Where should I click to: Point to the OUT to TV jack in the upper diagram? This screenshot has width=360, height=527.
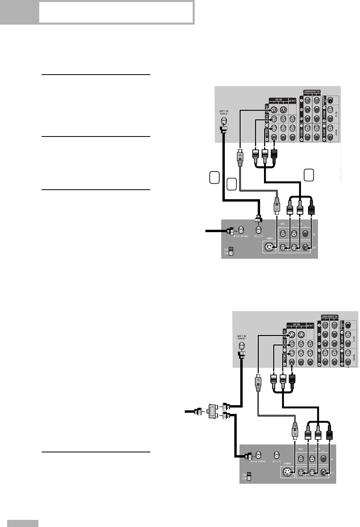[x=259, y=230]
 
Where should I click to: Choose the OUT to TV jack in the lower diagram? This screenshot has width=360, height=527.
[x=277, y=455]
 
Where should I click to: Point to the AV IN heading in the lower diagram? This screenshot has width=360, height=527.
[x=297, y=324]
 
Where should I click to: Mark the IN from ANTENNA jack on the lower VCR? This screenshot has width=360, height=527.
[x=258, y=455]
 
